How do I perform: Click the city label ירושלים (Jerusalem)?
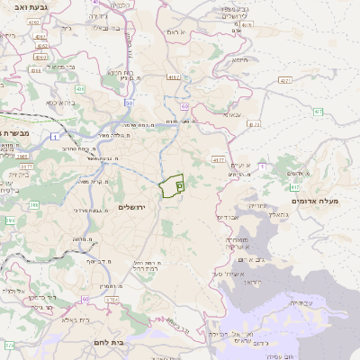click(138, 207)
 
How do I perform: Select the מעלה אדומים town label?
click(319, 200)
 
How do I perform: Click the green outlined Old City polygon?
click(171, 186)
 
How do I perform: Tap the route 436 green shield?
click(80, 90)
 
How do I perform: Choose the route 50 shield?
click(130, 103)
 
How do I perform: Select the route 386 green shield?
click(34, 205)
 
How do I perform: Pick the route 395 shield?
click(10, 220)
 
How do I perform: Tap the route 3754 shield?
click(112, 299)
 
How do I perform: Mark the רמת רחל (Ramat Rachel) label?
click(146, 267)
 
